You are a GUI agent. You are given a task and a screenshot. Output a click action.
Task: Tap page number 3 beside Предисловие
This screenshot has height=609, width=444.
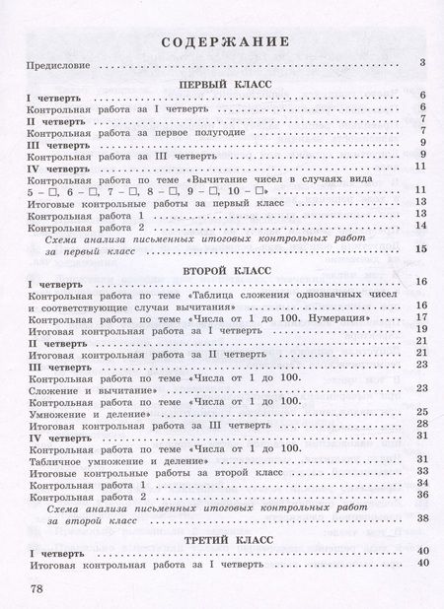421,65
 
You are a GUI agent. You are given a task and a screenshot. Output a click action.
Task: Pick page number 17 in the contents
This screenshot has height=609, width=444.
419,318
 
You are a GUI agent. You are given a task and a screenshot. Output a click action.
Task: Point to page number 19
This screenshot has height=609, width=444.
419,330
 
